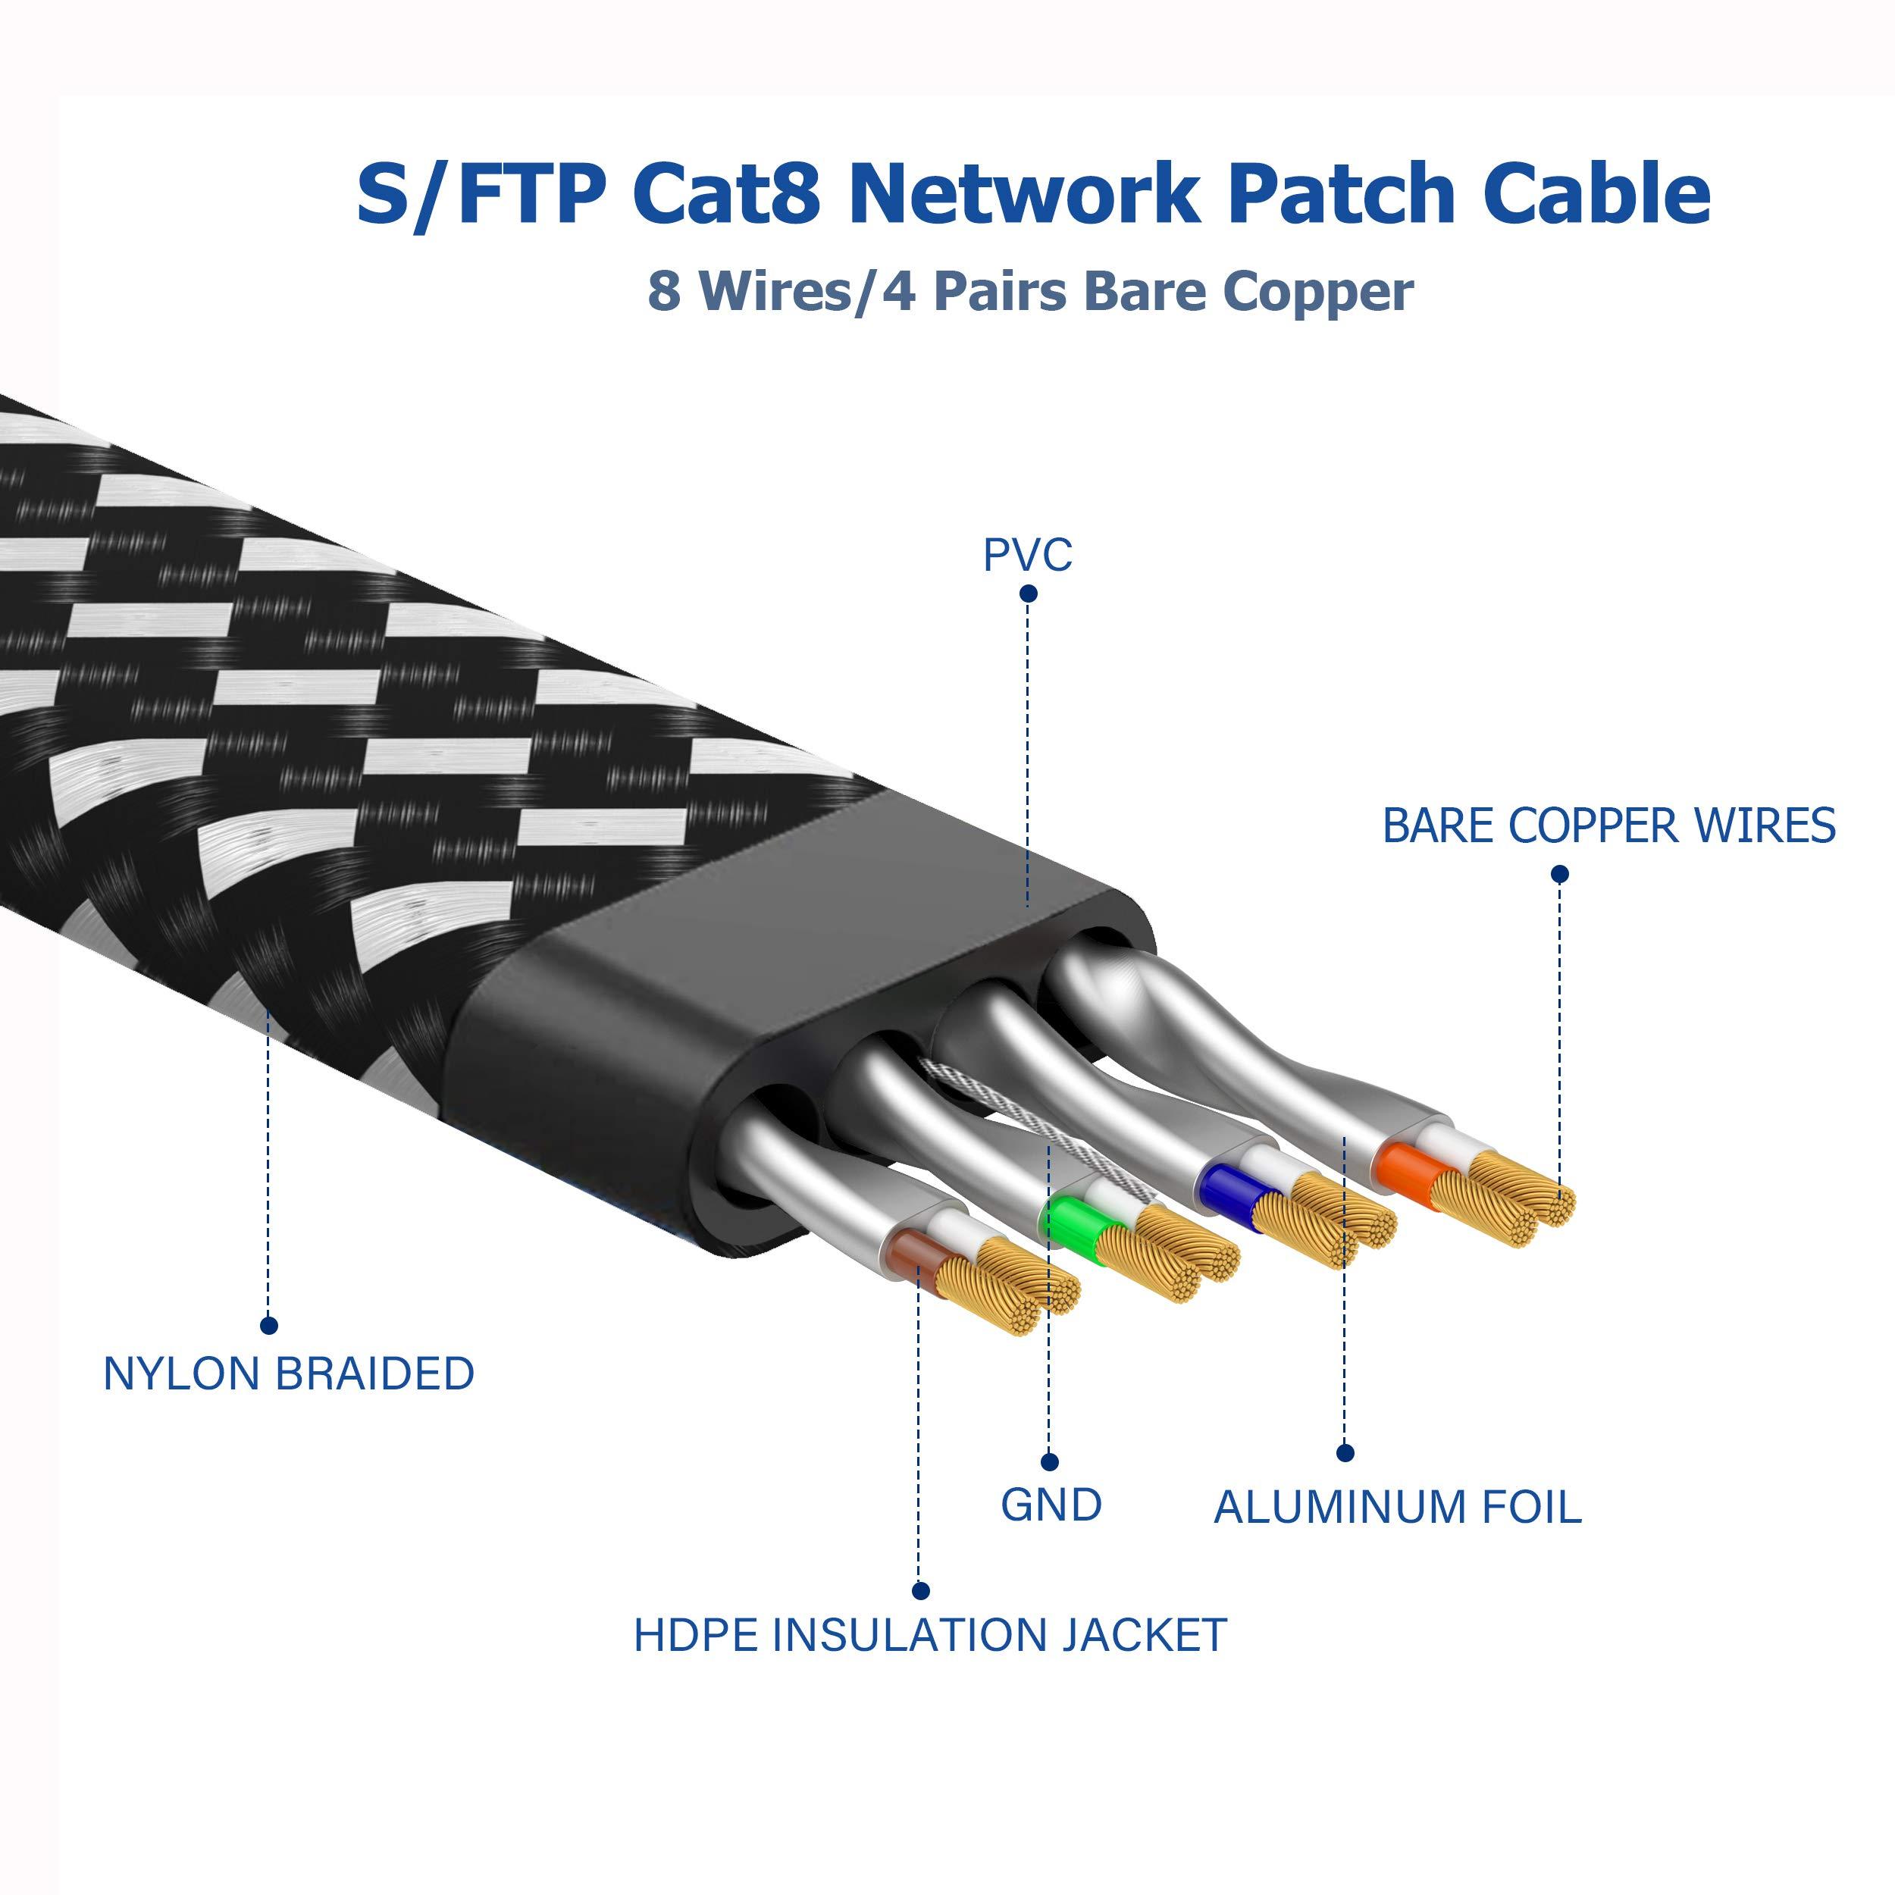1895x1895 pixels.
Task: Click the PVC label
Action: coord(1027,555)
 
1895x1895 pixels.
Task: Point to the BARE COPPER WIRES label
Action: coord(1608,826)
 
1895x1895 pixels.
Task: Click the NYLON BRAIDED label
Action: coord(288,1373)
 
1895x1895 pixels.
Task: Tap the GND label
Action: coord(1051,1505)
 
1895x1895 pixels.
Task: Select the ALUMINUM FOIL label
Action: coord(1397,1508)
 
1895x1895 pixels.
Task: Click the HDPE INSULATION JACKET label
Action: coord(930,1635)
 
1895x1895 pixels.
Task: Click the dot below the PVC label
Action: coord(1028,594)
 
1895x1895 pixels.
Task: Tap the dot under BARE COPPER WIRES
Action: coord(1559,874)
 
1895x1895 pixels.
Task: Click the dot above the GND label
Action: coord(1050,1462)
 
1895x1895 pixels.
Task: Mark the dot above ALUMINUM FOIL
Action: coord(1345,1452)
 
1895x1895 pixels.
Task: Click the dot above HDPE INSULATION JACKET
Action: coord(920,1591)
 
